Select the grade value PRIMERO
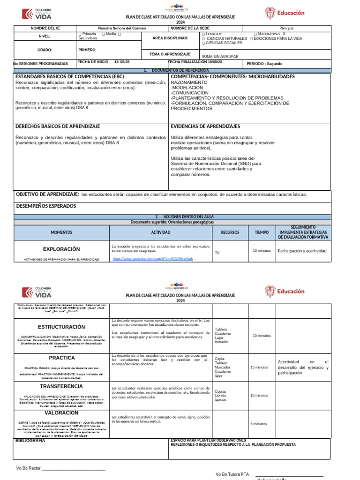coord(87,50)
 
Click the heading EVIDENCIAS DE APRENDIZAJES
coord(205,127)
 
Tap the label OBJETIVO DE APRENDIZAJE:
coord(47,194)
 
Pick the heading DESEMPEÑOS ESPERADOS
coord(46,206)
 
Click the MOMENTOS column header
coord(61,232)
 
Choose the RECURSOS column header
coord(230,232)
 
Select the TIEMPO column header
coord(262,232)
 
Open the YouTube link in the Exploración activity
coord(152,259)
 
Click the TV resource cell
coord(217,253)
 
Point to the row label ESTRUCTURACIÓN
coord(61,327)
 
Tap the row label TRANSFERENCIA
coord(61,386)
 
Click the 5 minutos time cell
coord(259,424)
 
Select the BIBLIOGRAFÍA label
coord(30,441)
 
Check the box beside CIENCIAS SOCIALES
coord(203,43)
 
